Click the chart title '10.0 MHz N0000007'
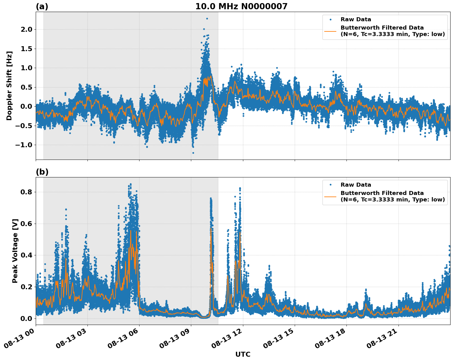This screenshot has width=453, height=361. (x=241, y=6)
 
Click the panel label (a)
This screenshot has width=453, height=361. (x=42, y=6)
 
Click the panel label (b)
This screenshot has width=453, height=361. (x=42, y=172)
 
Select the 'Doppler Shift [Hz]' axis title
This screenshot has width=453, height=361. (x=9, y=86)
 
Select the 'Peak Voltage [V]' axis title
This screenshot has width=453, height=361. (x=15, y=251)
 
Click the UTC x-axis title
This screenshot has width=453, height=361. (x=243, y=354)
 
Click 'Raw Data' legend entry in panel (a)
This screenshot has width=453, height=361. (x=356, y=19)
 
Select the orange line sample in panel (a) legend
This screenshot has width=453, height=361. (x=330, y=31)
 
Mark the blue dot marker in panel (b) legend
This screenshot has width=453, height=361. (x=330, y=185)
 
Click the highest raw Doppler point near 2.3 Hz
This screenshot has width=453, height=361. (x=207, y=18)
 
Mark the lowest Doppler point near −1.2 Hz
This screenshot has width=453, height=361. (x=193, y=153)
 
